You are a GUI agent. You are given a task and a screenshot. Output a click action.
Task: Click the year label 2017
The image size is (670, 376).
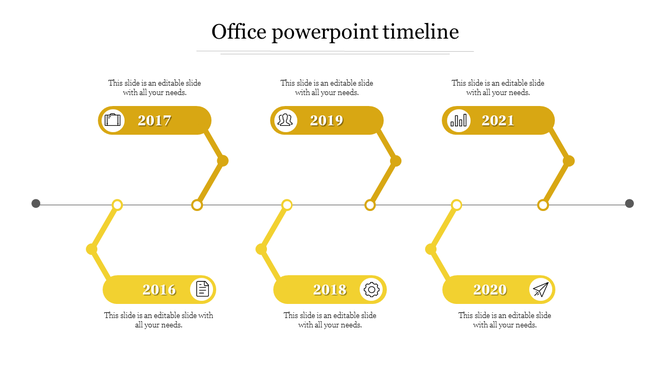155,121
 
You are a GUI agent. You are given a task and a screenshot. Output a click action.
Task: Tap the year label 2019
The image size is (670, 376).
327,121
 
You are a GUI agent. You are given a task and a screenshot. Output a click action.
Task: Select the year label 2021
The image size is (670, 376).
498,121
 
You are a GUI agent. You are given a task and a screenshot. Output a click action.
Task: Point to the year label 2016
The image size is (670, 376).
159,290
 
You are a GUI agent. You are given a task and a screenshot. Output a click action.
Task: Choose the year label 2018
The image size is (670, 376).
330,290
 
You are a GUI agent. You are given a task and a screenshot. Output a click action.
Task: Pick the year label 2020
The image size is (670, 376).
490,290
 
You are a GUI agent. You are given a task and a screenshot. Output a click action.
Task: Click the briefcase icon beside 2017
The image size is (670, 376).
113,121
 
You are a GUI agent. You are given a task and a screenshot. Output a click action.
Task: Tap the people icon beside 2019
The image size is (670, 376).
286,121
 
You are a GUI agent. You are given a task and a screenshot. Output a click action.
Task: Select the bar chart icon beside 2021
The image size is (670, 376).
458,121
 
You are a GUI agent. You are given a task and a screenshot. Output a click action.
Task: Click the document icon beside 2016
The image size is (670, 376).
202,290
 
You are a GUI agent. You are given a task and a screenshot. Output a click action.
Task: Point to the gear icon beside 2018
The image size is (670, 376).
372,290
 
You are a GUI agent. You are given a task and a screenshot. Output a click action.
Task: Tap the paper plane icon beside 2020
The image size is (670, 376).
541,290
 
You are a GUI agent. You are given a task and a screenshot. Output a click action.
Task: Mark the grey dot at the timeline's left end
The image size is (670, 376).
36,204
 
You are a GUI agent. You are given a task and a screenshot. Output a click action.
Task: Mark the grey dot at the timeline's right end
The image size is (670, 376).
630,204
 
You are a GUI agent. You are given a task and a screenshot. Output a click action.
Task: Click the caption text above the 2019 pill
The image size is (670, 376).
327,88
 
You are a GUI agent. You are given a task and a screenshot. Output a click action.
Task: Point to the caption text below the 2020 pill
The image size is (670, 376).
505,320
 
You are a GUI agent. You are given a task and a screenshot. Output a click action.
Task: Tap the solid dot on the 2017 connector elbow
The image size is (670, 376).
223,160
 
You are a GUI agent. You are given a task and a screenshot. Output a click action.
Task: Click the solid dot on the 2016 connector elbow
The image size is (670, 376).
92,249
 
